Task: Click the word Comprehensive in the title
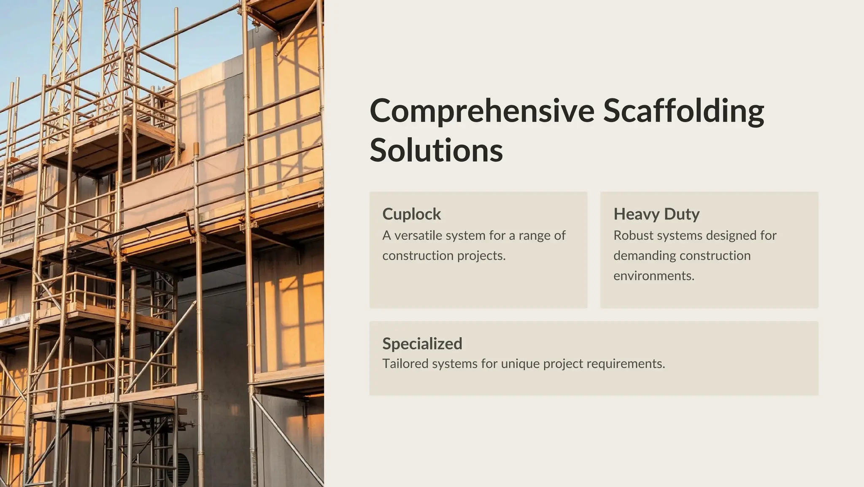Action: click(x=482, y=111)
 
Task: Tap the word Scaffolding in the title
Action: click(x=683, y=111)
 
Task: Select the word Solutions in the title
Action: click(x=436, y=150)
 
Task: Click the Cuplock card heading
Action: click(x=411, y=214)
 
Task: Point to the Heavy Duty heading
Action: click(x=656, y=214)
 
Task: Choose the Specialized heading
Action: click(x=422, y=344)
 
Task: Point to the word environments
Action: click(x=653, y=276)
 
